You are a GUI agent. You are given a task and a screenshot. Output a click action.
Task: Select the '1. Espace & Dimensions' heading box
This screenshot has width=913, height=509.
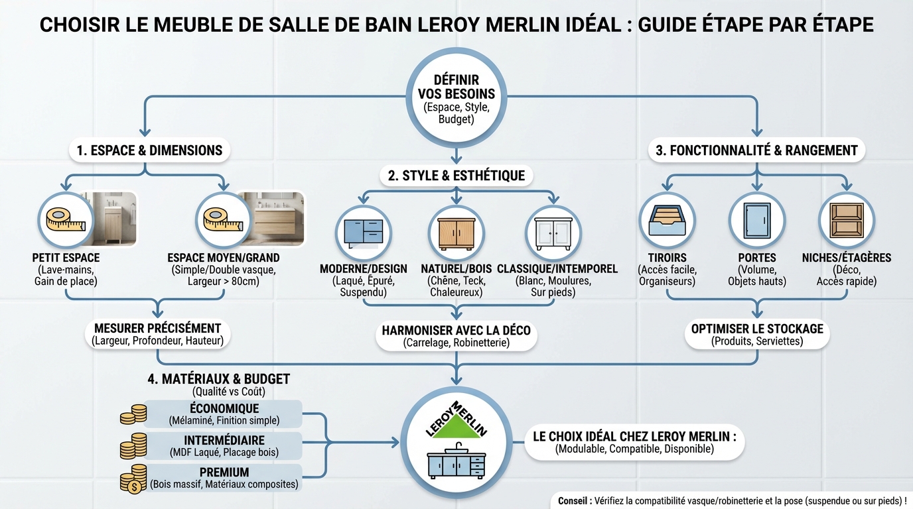pyautogui.click(x=149, y=150)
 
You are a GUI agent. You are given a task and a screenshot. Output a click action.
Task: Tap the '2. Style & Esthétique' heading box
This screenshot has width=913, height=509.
pyautogui.click(x=456, y=176)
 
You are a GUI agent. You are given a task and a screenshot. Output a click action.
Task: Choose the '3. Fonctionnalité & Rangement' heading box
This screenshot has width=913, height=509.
pyautogui.click(x=756, y=150)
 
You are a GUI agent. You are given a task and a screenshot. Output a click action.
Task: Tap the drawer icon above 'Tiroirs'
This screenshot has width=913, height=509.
pyautogui.click(x=667, y=220)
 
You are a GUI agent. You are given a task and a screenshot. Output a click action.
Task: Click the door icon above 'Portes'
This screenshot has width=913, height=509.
pyautogui.click(x=756, y=220)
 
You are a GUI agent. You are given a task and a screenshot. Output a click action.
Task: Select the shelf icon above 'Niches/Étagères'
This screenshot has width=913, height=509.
pyautogui.click(x=847, y=220)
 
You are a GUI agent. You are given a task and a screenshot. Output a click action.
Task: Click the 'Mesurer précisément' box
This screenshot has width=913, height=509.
pyautogui.click(x=157, y=334)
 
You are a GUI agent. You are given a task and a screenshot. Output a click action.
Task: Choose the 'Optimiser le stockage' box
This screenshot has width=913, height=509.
pyautogui.click(x=757, y=335)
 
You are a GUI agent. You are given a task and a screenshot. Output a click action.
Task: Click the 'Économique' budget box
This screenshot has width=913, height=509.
pyautogui.click(x=224, y=414)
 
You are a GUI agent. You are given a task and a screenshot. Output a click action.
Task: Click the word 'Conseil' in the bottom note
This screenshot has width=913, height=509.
pyautogui.click(x=574, y=501)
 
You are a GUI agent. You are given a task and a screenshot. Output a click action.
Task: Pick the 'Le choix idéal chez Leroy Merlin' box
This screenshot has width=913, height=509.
pyautogui.click(x=635, y=443)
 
